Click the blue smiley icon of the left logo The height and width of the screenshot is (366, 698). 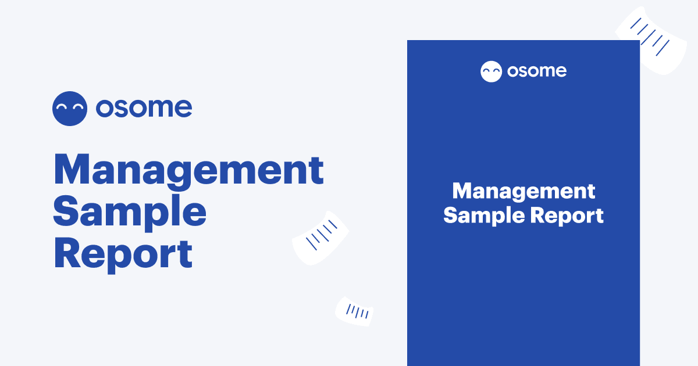(70, 109)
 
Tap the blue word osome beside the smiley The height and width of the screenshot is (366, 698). (144, 108)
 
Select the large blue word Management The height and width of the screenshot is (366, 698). (188, 171)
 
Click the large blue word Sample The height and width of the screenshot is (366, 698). (130, 213)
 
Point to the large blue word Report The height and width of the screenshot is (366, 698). (123, 254)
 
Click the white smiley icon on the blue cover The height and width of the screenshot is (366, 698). (491, 71)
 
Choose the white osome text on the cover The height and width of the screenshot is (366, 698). (536, 71)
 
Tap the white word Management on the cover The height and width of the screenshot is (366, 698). (523, 191)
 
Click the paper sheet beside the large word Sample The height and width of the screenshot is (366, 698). (321, 238)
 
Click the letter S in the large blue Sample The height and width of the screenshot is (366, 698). (67, 213)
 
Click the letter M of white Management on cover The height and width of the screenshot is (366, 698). (462, 191)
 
